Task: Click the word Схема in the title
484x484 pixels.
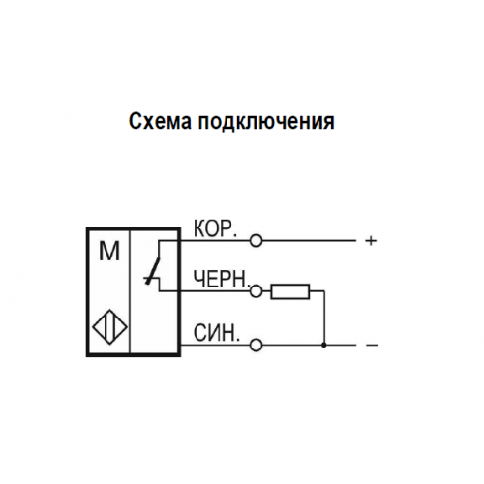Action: pyautogui.click(x=160, y=121)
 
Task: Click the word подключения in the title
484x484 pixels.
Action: pyautogui.click(x=266, y=122)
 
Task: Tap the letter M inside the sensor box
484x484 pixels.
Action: pyautogui.click(x=109, y=252)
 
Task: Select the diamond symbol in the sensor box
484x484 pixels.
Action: pyautogui.click(x=109, y=326)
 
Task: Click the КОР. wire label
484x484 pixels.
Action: pyautogui.click(x=215, y=228)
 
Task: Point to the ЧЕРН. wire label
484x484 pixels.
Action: pyautogui.click(x=222, y=279)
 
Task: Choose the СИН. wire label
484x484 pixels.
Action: pyautogui.click(x=217, y=333)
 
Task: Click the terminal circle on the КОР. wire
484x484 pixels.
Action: pyautogui.click(x=257, y=241)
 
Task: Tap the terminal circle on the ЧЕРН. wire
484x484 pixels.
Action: pyautogui.click(x=257, y=291)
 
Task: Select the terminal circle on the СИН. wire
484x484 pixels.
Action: pyautogui.click(x=257, y=346)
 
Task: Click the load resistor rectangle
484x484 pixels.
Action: pyautogui.click(x=290, y=291)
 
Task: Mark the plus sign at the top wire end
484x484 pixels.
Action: pyautogui.click(x=371, y=241)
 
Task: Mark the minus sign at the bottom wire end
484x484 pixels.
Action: pyautogui.click(x=372, y=346)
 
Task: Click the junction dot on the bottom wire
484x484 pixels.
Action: pyautogui.click(x=324, y=346)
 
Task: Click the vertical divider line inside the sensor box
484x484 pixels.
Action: pyautogui.click(x=130, y=291)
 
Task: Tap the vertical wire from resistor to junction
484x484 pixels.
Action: pyautogui.click(x=324, y=318)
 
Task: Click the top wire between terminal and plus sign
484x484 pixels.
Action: pyautogui.click(x=309, y=241)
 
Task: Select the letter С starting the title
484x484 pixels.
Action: pyautogui.click(x=135, y=121)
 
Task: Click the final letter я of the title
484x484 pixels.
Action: pyautogui.click(x=329, y=123)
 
